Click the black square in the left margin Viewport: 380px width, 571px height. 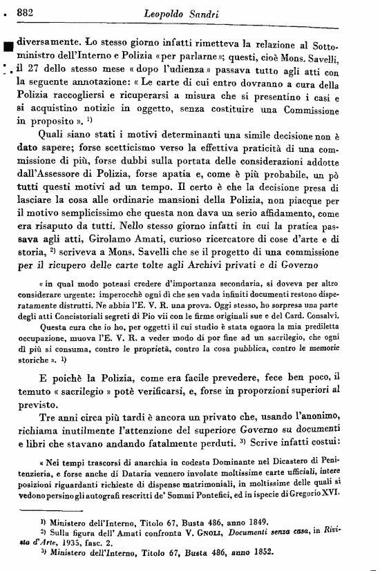coord(8,46)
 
